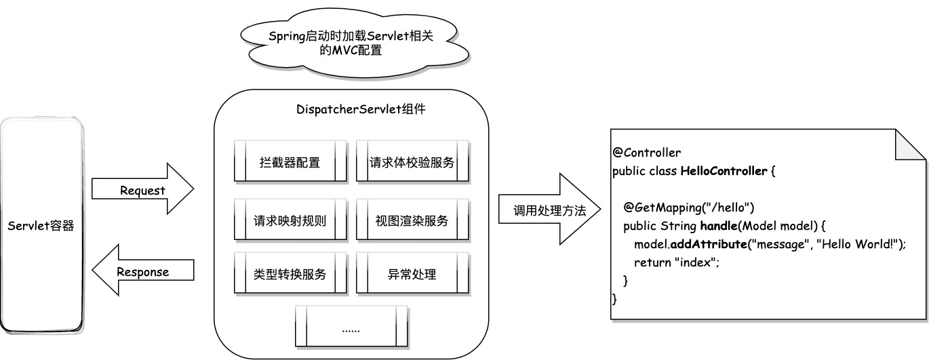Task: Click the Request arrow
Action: pos(142,191)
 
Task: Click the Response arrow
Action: pos(142,272)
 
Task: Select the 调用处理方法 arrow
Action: pos(549,211)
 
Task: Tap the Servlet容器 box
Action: pos(41,226)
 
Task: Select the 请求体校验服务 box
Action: pos(412,162)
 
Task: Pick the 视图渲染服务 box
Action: pos(412,220)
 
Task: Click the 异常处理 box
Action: pos(412,275)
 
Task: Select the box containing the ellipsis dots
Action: pos(351,328)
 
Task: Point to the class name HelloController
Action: pos(724,170)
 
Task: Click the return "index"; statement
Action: pos(676,262)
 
